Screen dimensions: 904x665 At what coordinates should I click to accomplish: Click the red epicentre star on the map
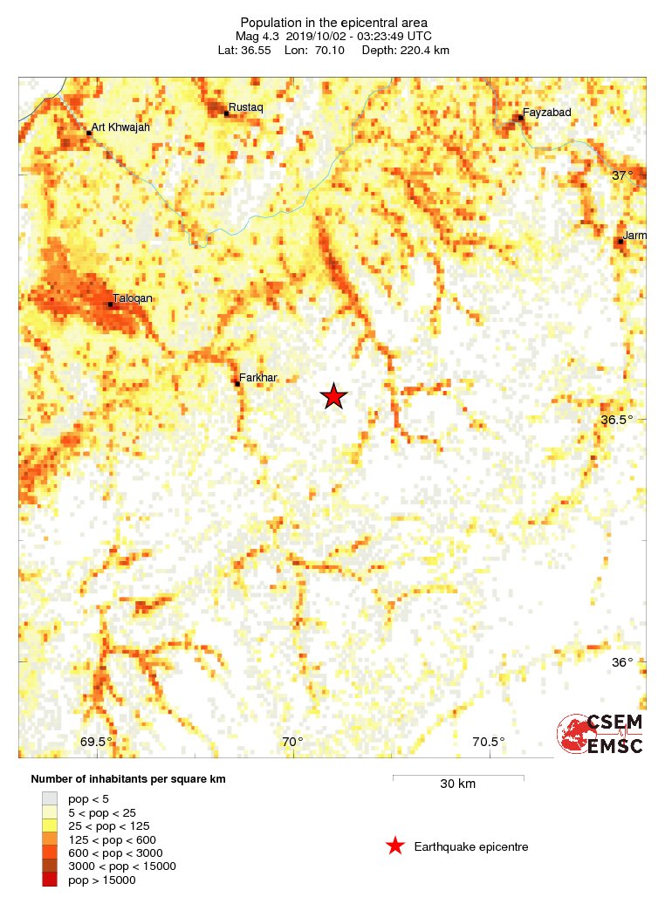[x=333, y=396]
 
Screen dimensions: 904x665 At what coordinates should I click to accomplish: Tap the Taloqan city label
[x=134, y=298]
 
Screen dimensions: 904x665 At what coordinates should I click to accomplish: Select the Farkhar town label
[x=257, y=377]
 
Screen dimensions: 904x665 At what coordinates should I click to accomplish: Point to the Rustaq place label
[x=245, y=107]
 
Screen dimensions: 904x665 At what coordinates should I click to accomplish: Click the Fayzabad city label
[x=546, y=112]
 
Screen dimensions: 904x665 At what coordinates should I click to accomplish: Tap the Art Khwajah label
[x=120, y=127]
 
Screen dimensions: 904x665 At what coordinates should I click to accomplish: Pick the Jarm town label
[x=635, y=235]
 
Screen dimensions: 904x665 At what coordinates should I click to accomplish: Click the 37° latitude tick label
[x=622, y=175]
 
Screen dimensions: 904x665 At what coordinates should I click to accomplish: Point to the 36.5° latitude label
[x=617, y=420]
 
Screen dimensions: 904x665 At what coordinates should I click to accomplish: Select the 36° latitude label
[x=622, y=662]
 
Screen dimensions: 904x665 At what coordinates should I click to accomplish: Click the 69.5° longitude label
[x=96, y=743]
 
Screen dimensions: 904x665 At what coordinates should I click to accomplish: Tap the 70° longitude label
[x=292, y=743]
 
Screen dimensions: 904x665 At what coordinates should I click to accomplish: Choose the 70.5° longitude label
[x=488, y=743]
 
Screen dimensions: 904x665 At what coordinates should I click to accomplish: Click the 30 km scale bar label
[x=457, y=784]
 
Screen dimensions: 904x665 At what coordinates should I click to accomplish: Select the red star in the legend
[x=395, y=846]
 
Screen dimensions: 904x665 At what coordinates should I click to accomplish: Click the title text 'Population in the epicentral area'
[x=333, y=22]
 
